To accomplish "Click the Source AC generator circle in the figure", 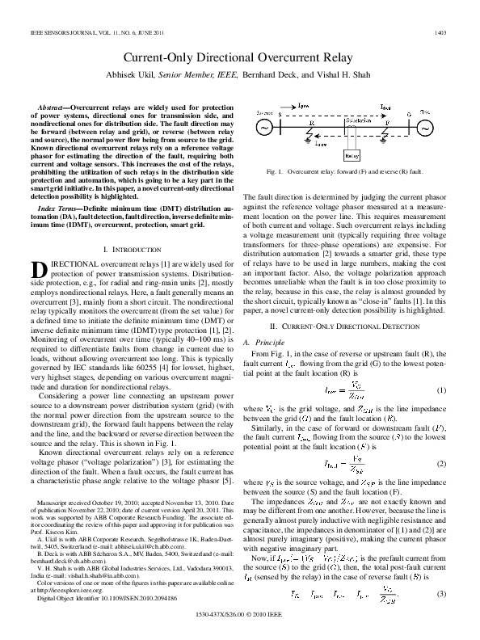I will coord(263,127).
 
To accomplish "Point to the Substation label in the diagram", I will coord(357,120).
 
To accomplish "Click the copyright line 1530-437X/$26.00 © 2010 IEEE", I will coord(241,612).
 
